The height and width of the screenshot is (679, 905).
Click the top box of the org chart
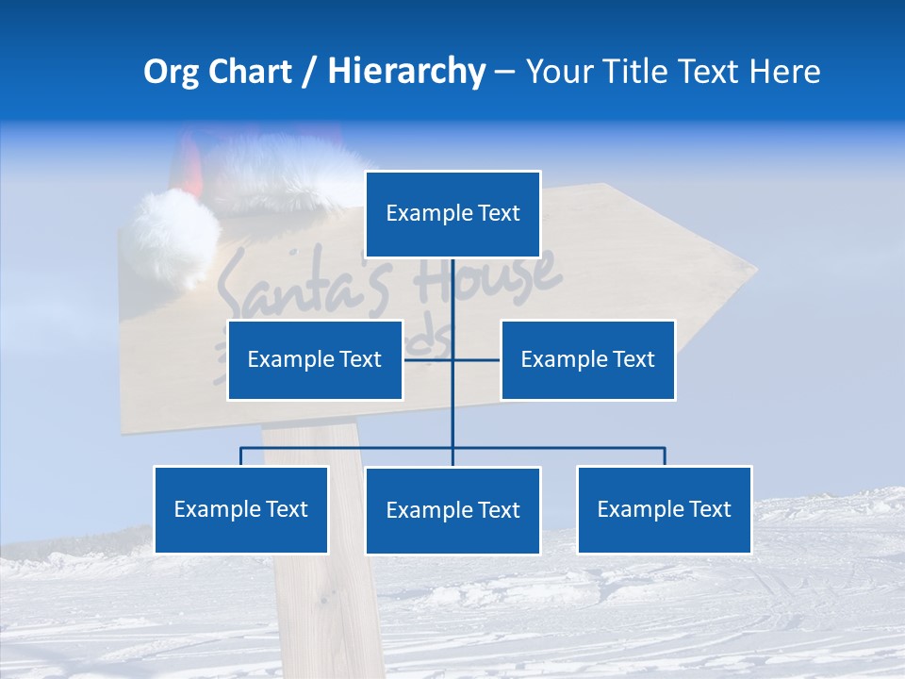(452, 214)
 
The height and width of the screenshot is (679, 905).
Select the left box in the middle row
(315, 360)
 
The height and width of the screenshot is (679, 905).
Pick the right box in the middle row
(587, 360)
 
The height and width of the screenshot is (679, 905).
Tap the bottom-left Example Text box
(240, 510)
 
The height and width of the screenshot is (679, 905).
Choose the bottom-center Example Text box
(452, 511)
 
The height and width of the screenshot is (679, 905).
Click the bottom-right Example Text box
(664, 510)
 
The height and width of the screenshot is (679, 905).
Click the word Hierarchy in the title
(406, 72)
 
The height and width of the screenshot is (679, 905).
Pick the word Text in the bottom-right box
(709, 510)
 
